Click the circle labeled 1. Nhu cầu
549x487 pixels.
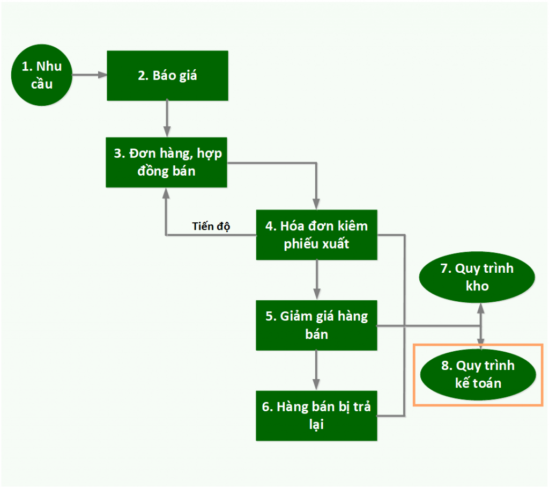(42, 75)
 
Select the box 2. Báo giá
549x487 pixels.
(167, 76)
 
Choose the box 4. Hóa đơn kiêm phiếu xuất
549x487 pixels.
(316, 235)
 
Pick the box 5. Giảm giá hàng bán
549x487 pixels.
(316, 325)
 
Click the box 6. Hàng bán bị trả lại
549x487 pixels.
(316, 415)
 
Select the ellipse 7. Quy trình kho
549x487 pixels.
(477, 277)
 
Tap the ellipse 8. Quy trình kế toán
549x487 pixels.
(477, 374)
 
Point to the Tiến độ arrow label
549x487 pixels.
(211, 226)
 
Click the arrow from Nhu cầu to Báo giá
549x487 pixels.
(89, 76)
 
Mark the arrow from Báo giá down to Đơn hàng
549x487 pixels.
(167, 118)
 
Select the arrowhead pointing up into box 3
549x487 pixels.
(167, 193)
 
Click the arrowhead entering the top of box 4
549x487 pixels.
(316, 204)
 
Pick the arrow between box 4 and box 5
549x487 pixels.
(316, 279)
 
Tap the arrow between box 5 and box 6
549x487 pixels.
(316, 370)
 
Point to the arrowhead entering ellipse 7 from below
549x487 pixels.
(481, 308)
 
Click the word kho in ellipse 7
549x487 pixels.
(477, 286)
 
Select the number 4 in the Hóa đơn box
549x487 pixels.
(269, 226)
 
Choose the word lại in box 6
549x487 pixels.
(316, 425)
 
